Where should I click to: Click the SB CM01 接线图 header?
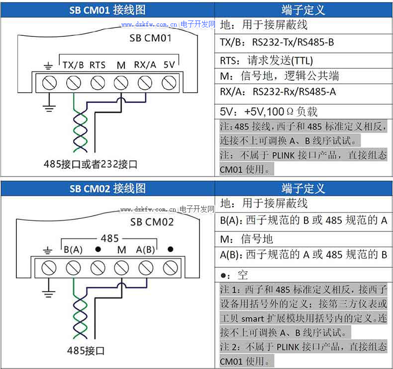(x=107, y=9)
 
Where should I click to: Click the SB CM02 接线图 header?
(x=107, y=188)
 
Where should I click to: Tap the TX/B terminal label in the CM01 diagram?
(x=73, y=65)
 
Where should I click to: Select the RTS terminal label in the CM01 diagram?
(x=98, y=65)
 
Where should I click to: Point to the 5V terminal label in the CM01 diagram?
(x=169, y=65)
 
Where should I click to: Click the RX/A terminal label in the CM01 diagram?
(x=145, y=65)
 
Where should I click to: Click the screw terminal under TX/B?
(x=73, y=82)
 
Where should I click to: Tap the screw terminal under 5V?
(x=170, y=82)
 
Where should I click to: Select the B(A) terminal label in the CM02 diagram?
(x=73, y=250)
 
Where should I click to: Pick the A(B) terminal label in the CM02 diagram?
(x=146, y=250)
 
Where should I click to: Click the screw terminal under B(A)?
(x=73, y=268)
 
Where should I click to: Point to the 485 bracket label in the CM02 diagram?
(x=110, y=238)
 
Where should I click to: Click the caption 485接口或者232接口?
(x=90, y=164)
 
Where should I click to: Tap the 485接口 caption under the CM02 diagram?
(x=86, y=350)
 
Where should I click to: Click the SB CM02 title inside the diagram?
(x=152, y=222)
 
